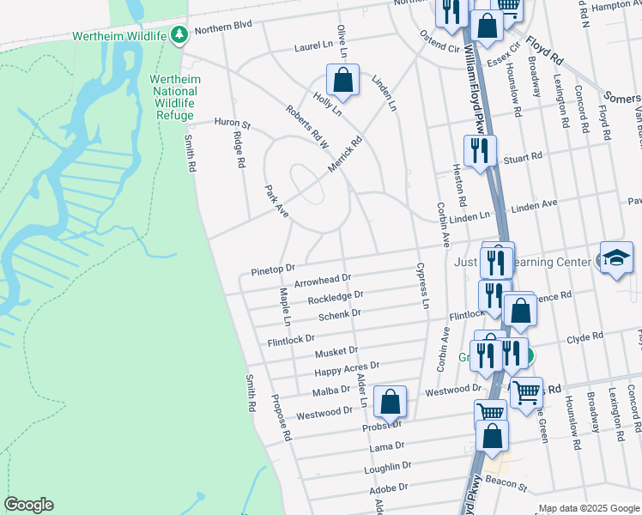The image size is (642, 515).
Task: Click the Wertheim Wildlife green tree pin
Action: pos(179,35)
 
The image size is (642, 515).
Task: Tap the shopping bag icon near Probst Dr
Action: pos(390,401)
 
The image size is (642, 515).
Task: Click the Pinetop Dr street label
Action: pos(273,270)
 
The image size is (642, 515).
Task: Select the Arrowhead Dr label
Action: pos(323,280)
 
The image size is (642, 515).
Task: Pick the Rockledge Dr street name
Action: pos(336,298)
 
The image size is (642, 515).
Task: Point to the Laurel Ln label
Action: pos(313,47)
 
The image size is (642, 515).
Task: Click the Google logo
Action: pos(28,505)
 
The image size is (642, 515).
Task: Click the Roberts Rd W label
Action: pos(306,126)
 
